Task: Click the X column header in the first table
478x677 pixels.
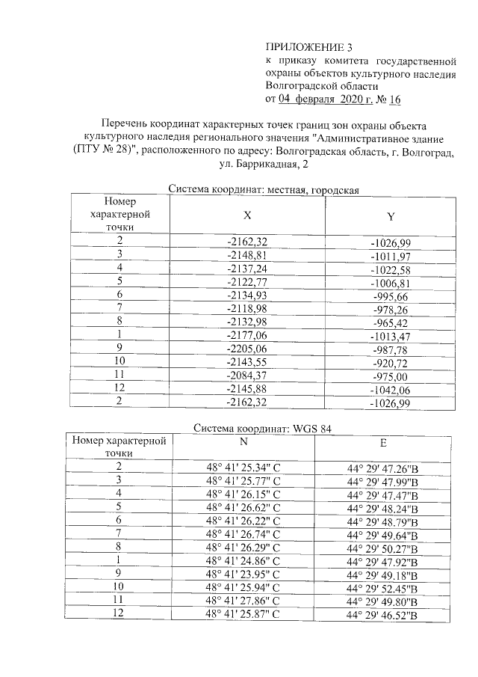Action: [247, 214]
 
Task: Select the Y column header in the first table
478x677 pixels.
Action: [390, 216]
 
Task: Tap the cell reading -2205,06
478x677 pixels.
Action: [247, 349]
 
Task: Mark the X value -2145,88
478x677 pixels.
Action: [247, 390]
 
